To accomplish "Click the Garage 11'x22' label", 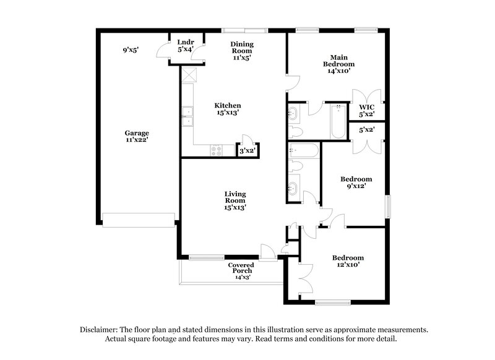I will [137, 137].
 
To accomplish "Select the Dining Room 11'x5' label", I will [243, 49].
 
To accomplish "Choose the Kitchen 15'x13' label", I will [227, 109].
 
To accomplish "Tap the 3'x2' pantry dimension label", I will [247, 150].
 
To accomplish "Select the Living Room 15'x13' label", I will [235, 200].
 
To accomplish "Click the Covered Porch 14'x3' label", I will [241, 271].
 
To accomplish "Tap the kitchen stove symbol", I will [217, 149].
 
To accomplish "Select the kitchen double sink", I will [187, 116].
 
